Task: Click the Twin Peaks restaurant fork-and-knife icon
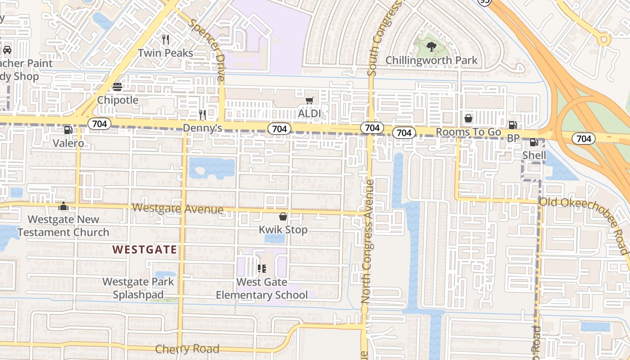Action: click(x=166, y=40)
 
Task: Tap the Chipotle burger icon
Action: click(x=117, y=87)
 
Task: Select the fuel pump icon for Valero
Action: click(x=68, y=130)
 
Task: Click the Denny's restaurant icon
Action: click(x=202, y=115)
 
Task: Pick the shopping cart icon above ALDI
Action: click(x=310, y=100)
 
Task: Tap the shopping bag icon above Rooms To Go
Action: click(x=468, y=118)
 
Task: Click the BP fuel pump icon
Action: click(x=513, y=125)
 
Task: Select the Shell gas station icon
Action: click(x=534, y=142)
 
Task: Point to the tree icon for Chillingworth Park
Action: click(x=431, y=46)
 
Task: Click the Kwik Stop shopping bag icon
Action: click(x=283, y=216)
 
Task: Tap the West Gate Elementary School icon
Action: click(x=261, y=269)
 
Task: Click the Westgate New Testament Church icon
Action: click(x=63, y=207)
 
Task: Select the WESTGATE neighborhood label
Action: click(x=144, y=249)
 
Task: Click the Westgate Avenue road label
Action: click(x=178, y=209)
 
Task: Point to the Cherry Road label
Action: click(x=187, y=349)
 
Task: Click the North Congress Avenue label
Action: click(x=367, y=241)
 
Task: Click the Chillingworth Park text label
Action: click(x=431, y=60)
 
